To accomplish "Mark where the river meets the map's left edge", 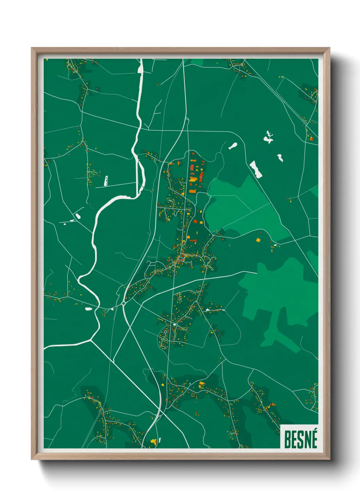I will (x=45, y=348).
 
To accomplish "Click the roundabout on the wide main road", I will (x=123, y=303).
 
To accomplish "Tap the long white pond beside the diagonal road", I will (x=256, y=169).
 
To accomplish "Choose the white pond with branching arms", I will (x=268, y=137).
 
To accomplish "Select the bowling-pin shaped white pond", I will (x=233, y=146).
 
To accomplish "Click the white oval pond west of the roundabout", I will (x=88, y=309).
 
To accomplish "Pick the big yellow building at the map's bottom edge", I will (x=153, y=442).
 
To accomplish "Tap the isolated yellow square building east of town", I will (x=258, y=240).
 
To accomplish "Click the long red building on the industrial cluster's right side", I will (x=201, y=176).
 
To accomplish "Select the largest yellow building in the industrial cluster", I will (x=193, y=179).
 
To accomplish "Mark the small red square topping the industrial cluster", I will (x=193, y=154).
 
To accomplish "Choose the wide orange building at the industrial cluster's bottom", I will (x=192, y=191).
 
